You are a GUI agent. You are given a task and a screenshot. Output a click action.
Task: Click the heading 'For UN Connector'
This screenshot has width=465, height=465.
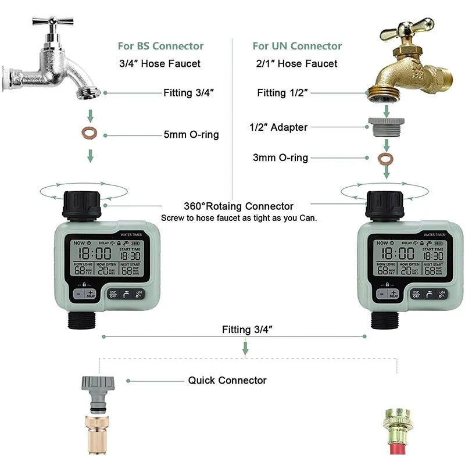(x=297, y=46)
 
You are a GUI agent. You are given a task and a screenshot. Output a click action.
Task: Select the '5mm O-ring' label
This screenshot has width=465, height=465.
(x=191, y=135)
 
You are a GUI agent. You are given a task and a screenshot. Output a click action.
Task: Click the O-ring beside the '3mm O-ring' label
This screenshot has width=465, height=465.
(x=384, y=158)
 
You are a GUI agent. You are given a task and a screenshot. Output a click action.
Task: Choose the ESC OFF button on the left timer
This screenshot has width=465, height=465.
(x=113, y=294)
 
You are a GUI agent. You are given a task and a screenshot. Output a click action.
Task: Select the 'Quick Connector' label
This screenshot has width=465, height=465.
(x=227, y=381)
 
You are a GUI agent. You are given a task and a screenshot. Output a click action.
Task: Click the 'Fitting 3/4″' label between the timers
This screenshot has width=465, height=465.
(x=247, y=330)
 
